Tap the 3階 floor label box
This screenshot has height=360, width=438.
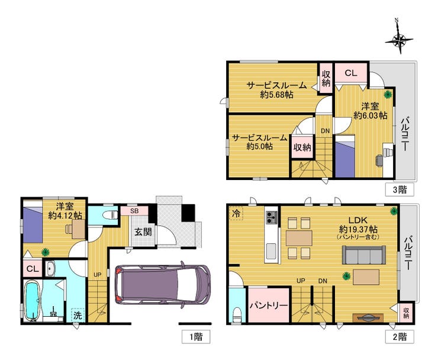pos(400,190)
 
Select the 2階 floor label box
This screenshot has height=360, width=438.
pos(400,337)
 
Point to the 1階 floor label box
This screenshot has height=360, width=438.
pos(196,337)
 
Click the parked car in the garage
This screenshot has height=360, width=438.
pos(163,285)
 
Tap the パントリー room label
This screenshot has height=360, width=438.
pos(269,305)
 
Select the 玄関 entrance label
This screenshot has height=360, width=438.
pos(143,232)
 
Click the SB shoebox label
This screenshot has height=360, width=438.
pos(134,211)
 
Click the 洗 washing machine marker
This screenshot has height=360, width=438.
pos(78,315)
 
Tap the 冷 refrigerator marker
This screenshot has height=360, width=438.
pos(236,214)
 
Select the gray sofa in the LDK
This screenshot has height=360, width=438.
pos(364,255)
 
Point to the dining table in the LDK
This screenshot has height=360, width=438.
pos(299,238)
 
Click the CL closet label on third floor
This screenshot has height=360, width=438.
pos(351,73)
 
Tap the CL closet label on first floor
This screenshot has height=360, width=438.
pos(33,269)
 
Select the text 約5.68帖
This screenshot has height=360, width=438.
pos(277,95)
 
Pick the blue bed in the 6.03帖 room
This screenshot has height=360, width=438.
pos(345,156)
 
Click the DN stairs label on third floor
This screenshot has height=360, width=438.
pos(325,131)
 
